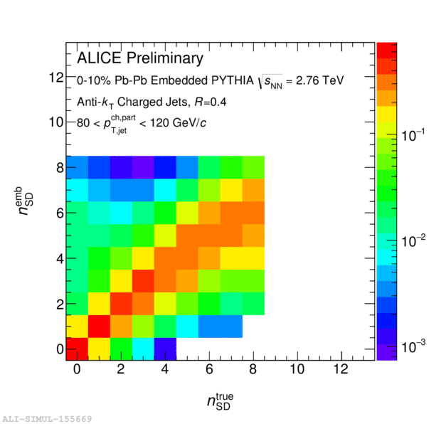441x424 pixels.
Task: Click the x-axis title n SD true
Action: click(220, 402)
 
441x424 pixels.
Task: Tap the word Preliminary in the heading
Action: click(166, 58)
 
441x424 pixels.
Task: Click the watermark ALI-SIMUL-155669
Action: click(47, 419)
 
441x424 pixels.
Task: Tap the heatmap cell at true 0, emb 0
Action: click(78, 349)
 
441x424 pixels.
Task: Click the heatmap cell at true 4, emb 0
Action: click(165, 349)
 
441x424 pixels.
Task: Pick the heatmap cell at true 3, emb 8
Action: click(143, 167)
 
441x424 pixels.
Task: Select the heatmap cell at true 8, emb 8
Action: click(253, 167)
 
